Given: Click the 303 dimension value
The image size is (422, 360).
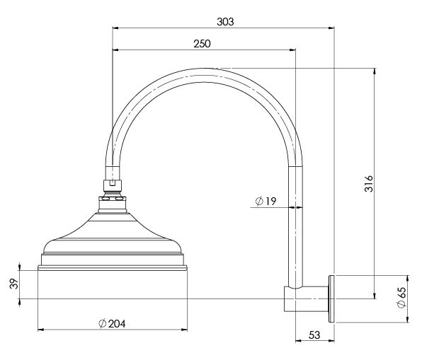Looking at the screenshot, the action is click(x=225, y=22).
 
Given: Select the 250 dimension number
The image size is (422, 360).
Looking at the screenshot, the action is click(x=202, y=44).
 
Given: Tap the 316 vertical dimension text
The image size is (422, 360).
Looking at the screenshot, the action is click(x=369, y=184).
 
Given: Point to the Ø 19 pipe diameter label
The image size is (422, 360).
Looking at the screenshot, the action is click(x=266, y=201).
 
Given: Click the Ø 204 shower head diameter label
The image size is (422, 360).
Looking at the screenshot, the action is click(x=112, y=323).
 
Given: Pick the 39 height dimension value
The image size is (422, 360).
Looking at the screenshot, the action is click(x=14, y=284).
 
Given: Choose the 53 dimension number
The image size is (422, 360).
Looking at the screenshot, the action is click(x=314, y=335).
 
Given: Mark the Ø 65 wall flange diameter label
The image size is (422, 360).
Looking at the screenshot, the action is click(x=401, y=298).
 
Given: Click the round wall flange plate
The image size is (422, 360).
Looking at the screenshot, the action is click(x=331, y=298).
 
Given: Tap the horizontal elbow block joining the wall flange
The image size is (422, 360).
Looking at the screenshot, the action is click(x=307, y=299).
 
